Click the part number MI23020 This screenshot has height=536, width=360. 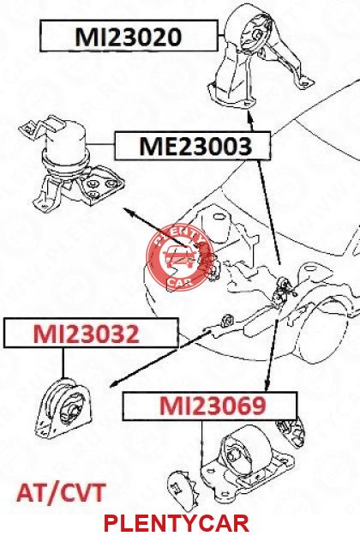(x=129, y=37)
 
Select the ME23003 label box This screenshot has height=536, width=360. (x=193, y=146)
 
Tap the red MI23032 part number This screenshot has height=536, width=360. (x=86, y=334)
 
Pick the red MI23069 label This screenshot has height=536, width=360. (x=213, y=406)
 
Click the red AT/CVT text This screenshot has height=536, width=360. (x=61, y=493)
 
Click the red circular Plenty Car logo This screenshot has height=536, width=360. (x=180, y=258)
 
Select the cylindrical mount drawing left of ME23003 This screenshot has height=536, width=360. (x=71, y=164)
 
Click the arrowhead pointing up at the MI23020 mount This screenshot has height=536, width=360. (x=250, y=119)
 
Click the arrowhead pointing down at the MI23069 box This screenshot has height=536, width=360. (x=267, y=385)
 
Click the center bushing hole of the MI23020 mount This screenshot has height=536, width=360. (x=258, y=34)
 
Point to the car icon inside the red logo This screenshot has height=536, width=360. (x=179, y=257)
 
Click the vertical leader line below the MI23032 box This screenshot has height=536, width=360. (x=63, y=363)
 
